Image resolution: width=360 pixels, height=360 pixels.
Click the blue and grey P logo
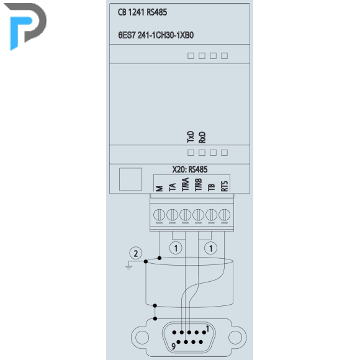[25, 27]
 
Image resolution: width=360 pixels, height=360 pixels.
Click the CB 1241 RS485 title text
[142, 12]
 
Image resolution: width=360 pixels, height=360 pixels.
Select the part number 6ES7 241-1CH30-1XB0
[156, 35]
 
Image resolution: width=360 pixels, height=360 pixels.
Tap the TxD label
[191, 137]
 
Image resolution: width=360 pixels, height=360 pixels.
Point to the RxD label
[202, 137]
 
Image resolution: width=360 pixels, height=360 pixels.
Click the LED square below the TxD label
[191, 153]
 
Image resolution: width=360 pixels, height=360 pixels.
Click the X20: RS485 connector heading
[190, 169]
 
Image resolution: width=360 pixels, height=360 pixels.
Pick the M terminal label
[160, 189]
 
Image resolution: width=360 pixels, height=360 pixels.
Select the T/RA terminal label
[186, 184]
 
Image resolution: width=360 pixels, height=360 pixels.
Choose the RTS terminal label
[225, 186]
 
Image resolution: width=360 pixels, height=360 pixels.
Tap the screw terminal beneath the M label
[159, 215]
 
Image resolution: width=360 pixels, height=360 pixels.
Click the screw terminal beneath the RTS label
[224, 215]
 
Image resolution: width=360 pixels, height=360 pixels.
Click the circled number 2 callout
[136, 253]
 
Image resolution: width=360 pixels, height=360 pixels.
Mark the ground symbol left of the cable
[129, 267]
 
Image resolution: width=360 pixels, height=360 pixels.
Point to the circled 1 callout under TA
[176, 248]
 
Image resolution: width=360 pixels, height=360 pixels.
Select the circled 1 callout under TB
[210, 248]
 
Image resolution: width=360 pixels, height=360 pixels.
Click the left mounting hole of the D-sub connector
[142, 338]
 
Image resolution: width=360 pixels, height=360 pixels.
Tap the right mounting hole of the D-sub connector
[235, 338]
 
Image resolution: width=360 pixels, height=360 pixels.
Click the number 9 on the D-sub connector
[174, 346]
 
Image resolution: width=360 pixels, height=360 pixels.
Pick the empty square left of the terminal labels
[130, 179]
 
